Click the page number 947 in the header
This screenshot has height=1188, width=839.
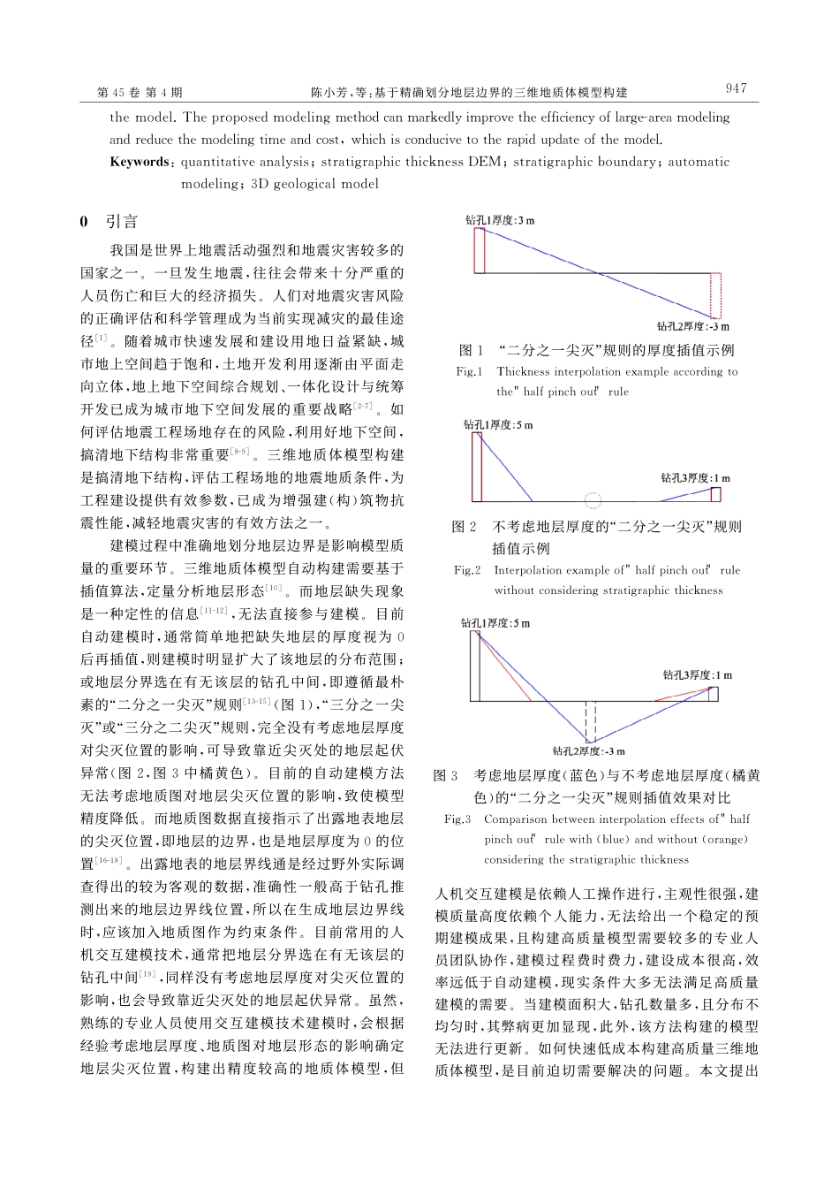(x=735, y=88)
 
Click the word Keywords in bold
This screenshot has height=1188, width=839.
(x=139, y=162)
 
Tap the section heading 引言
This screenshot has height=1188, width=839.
(x=121, y=221)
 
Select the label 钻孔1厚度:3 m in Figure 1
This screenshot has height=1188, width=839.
(x=500, y=220)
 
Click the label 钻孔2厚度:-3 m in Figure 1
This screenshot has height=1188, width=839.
(x=692, y=326)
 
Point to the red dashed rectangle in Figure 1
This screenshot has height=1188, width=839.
(x=715, y=294)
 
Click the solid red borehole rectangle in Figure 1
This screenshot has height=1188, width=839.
(x=479, y=250)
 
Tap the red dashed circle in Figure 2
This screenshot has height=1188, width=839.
(x=593, y=501)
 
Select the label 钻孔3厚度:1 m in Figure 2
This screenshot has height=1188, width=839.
(x=696, y=478)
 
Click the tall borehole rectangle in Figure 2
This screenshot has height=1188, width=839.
(x=476, y=467)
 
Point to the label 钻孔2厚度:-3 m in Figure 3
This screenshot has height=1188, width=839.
(x=589, y=751)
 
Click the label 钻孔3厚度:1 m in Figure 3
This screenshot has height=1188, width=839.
(x=698, y=675)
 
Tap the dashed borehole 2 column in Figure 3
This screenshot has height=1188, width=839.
(x=590, y=720)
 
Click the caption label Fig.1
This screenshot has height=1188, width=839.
(x=469, y=372)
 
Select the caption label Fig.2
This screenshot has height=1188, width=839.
(x=467, y=570)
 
